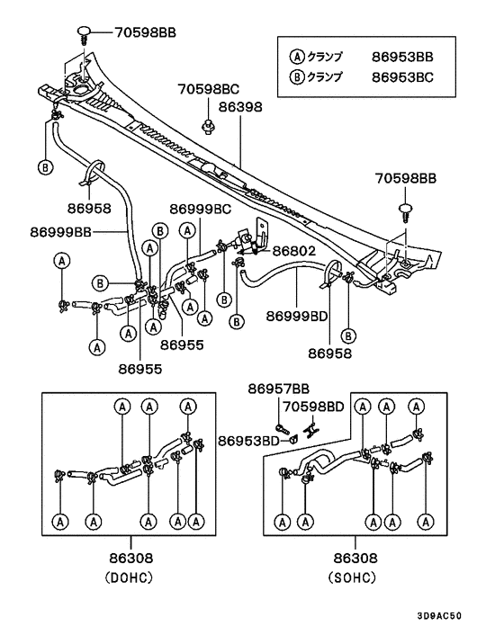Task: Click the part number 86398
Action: coord(240,106)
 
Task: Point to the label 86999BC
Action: coord(202,209)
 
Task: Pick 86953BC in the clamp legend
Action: coord(402,76)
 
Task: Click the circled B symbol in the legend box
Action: coord(297,76)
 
